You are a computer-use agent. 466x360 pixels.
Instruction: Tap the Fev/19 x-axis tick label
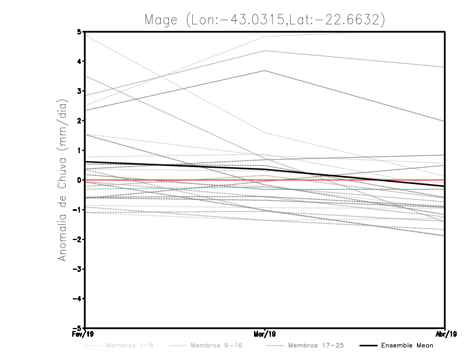86,334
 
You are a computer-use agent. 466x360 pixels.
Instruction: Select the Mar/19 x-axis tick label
266,334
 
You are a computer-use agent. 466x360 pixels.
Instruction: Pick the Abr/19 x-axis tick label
445,334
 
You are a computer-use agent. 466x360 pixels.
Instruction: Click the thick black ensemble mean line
175,165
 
